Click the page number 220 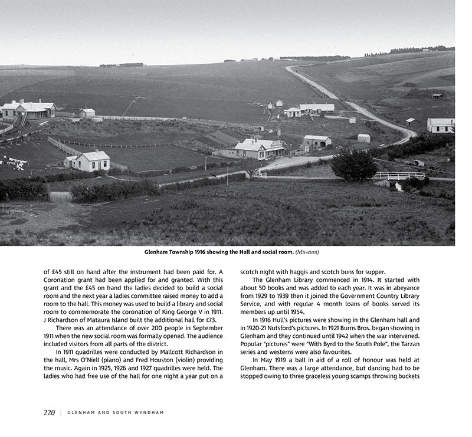(x=49, y=413)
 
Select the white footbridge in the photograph (x=399, y=175)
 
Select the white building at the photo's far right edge (x=441, y=125)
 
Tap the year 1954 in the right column (x=297, y=311)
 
